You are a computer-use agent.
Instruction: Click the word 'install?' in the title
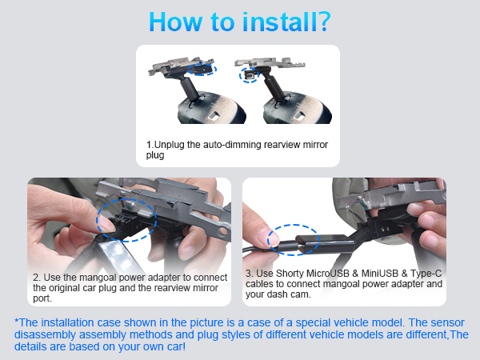(x=286, y=22)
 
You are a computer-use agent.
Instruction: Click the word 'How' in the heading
(x=175, y=22)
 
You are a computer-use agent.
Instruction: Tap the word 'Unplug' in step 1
(x=169, y=145)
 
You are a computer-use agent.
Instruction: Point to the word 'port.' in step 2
(x=42, y=298)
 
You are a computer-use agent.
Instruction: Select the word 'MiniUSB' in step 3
(x=380, y=274)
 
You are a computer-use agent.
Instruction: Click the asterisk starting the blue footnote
(x=17, y=321)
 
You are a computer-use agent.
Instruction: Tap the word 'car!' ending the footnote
(x=176, y=346)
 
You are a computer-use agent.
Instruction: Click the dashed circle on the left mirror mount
(x=202, y=70)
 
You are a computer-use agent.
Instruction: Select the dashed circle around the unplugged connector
(x=249, y=75)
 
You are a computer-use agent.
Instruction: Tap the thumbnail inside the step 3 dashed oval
(x=272, y=238)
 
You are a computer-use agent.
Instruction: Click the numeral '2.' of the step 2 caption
(x=37, y=278)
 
